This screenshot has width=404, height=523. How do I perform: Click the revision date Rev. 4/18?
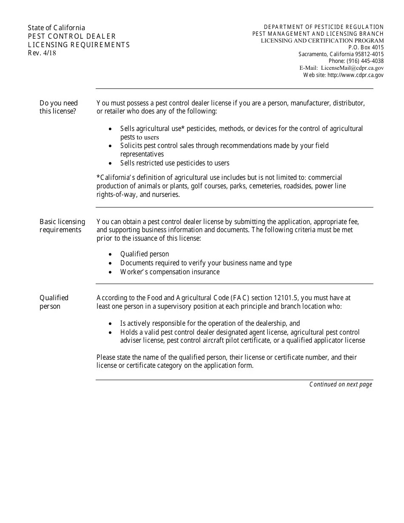pos(42,53)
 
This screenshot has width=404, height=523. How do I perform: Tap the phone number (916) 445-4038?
pos(364,61)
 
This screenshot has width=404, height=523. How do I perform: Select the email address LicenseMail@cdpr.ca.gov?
pos(352,68)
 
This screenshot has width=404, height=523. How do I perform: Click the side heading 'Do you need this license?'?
pos(59,107)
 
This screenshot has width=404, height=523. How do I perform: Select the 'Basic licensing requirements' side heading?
pos(62,226)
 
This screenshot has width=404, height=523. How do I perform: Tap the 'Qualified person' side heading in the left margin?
pos(54,302)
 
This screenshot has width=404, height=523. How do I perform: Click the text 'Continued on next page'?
pos(341,384)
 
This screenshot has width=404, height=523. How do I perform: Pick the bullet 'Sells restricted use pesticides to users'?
pos(174,163)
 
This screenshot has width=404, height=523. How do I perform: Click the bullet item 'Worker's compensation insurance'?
pos(170,272)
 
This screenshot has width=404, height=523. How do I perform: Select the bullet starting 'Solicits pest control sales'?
pos(224,146)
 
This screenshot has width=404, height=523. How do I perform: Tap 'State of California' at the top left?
pos(57,28)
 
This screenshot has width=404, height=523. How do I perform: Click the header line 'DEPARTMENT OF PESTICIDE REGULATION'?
pos(324,27)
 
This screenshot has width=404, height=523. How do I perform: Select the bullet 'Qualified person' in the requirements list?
pos(144,254)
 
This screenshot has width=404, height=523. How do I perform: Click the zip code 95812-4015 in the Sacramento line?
pos(367,54)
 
